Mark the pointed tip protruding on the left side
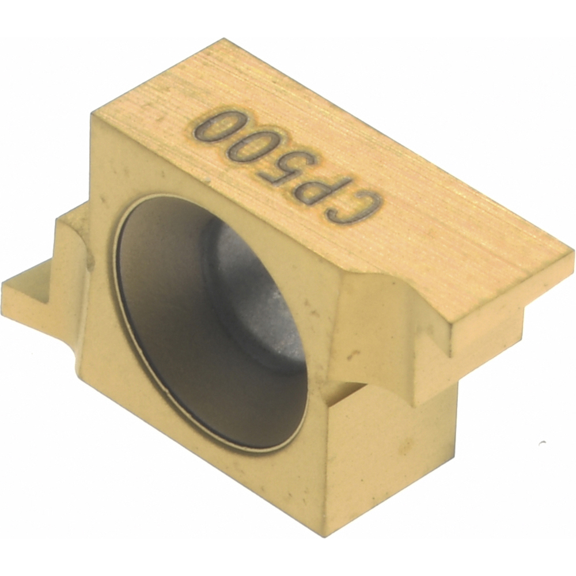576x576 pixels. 7,288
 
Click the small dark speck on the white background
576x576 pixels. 541,442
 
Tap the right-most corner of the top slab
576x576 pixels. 573,253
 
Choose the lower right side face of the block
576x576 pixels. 392,449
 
